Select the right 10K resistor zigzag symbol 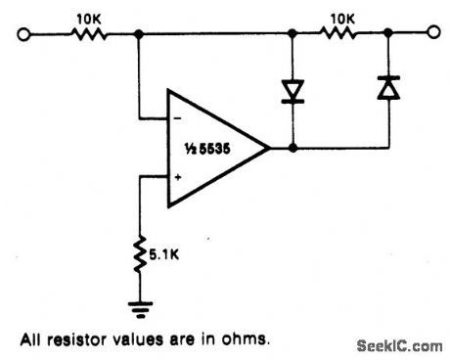(339, 34)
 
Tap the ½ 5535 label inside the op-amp (214, 148)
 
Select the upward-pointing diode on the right (388, 90)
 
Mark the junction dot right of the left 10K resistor (139, 34)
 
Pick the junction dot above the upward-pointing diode (388, 34)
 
